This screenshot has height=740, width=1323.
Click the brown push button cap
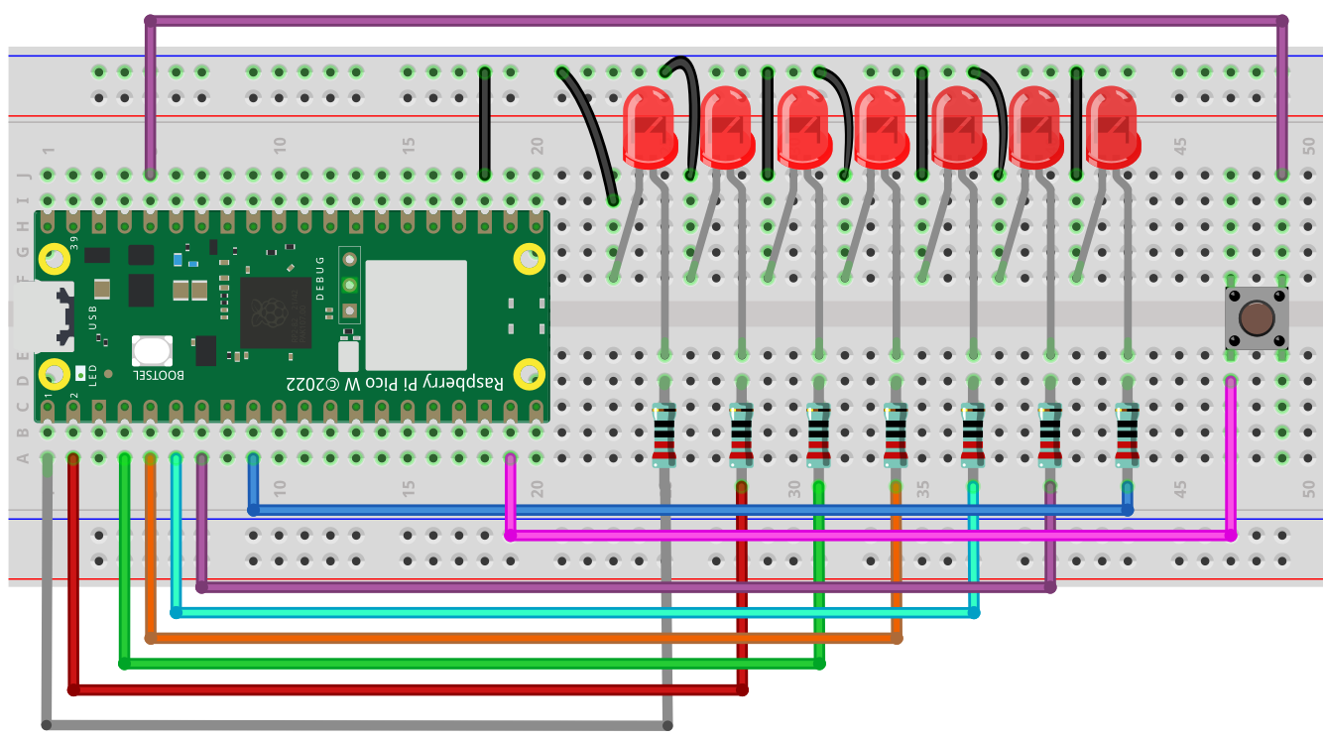pos(1257,318)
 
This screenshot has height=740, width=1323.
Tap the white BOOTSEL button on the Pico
pos(152,350)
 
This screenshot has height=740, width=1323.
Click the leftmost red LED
pos(650,127)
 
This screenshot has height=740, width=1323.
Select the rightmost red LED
pos(1112,127)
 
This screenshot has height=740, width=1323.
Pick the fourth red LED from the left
pos(881,127)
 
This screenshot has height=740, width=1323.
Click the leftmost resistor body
pos(664,434)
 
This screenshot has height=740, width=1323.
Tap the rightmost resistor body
pos(1127,434)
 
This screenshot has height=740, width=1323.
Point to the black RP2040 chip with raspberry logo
pos(276,312)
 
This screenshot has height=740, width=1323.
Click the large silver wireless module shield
pos(416,314)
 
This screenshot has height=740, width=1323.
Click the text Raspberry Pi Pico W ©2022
pos(394,383)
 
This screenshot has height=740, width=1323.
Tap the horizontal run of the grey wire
pos(357,725)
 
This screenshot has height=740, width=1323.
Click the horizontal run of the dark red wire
pos(407,688)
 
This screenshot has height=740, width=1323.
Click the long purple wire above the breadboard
pos(714,20)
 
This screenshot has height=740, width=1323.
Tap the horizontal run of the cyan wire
pos(575,613)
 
